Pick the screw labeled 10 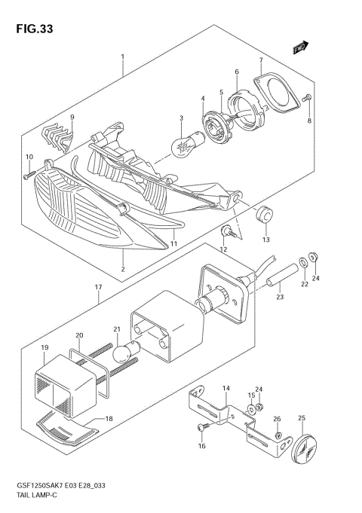(x=28, y=175)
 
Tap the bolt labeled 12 (x=226, y=230)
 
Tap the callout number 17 (x=99, y=287)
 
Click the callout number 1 (x=121, y=56)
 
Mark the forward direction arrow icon (x=300, y=48)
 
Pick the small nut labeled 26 (x=278, y=435)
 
